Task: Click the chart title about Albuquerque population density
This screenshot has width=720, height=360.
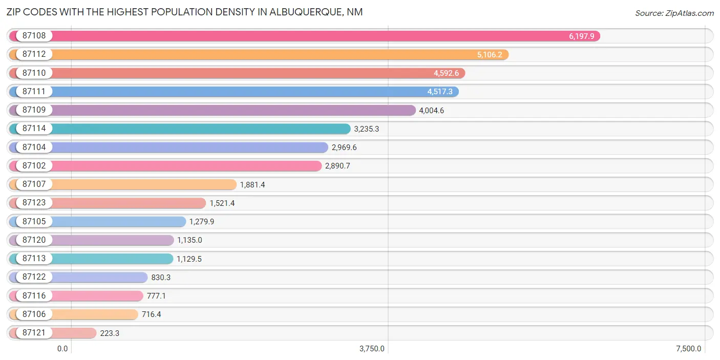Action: point(184,12)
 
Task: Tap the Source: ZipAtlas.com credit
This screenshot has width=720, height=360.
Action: point(674,13)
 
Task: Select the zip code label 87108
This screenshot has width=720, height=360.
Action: point(34,36)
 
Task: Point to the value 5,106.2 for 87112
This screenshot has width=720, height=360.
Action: point(490,54)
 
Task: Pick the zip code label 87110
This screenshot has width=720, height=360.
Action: point(34,73)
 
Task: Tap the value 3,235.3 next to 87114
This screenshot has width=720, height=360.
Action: point(367,129)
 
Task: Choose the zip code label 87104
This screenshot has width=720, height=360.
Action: point(34,147)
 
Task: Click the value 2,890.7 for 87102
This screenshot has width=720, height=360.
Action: point(337,166)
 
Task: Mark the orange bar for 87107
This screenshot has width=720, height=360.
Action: point(143,184)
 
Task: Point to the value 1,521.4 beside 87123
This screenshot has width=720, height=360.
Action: point(222,203)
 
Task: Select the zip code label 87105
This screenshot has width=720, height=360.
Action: point(34,221)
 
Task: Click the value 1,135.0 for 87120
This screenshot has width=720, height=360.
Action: point(190,240)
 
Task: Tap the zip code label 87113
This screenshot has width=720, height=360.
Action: point(34,258)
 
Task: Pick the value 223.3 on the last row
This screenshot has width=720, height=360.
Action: point(110,332)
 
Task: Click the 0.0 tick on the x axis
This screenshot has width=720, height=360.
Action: point(62,349)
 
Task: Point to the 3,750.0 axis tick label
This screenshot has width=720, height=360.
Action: point(372,349)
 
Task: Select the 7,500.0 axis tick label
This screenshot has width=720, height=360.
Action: point(689,349)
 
